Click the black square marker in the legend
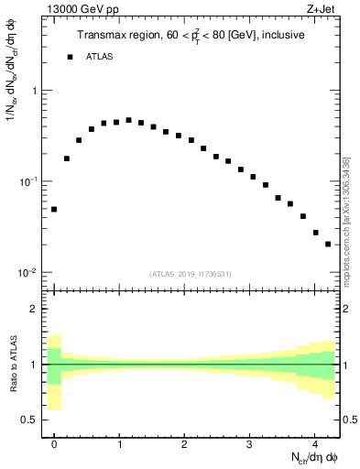(69, 57)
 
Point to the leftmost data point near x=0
(54, 209)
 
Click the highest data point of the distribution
(128, 120)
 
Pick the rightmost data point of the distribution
(328, 244)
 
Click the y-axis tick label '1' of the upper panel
(34, 92)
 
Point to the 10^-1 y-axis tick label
(29, 182)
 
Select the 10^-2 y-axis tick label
(29, 273)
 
